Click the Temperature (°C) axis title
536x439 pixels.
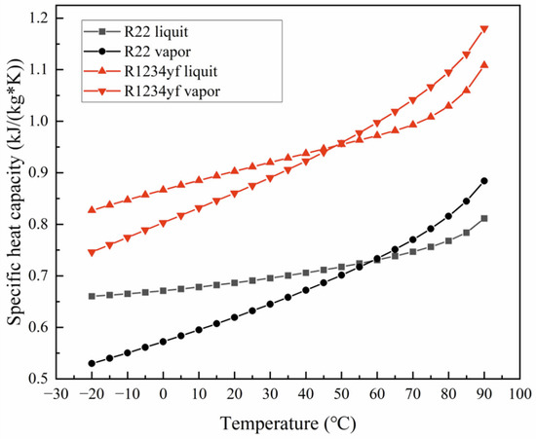coord(288,423)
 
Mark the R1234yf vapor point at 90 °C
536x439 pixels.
coord(484,29)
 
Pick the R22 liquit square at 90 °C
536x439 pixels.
coord(484,218)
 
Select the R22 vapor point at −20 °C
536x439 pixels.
coord(92,363)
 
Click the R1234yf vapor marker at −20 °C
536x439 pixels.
coord(92,252)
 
